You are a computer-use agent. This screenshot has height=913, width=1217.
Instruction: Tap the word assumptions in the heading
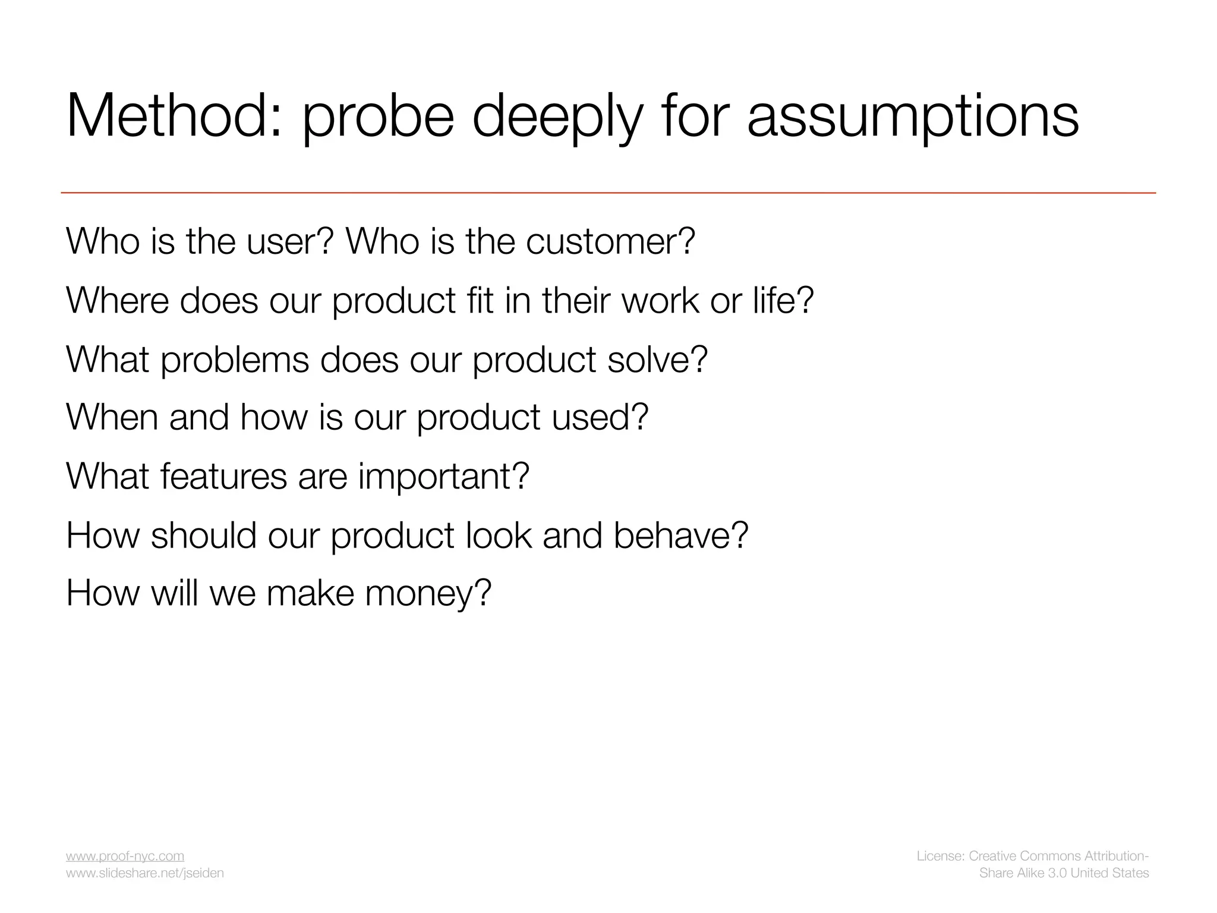pos(912,118)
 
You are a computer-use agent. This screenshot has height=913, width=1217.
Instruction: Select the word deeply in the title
pos(557,118)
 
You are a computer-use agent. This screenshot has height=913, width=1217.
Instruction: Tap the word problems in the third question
pos(235,360)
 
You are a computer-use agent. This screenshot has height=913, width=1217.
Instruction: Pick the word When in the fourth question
pos(112,417)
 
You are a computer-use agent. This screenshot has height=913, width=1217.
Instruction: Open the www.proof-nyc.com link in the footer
pos(125,856)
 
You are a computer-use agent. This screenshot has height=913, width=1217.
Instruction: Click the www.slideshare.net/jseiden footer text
pos(144,873)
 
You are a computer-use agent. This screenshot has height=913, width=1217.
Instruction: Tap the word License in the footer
pos(940,856)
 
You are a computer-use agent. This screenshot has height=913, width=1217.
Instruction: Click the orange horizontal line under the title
pos(608,193)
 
